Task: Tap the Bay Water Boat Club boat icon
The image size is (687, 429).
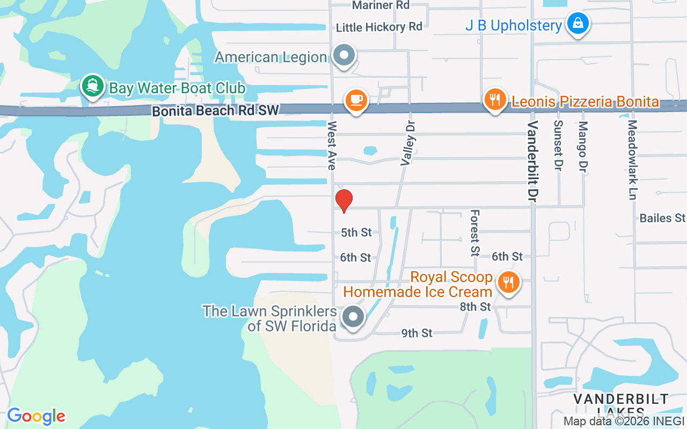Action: (x=93, y=86)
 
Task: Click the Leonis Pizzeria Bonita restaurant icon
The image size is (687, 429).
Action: (x=495, y=100)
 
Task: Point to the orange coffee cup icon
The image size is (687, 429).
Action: (x=355, y=100)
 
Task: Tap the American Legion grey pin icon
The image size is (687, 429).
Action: (x=343, y=56)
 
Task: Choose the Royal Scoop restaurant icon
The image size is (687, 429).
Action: (x=508, y=282)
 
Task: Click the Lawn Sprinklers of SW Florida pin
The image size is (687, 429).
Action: (x=353, y=317)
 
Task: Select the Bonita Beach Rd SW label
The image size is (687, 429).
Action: (x=215, y=111)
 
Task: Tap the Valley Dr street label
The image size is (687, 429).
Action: (x=408, y=142)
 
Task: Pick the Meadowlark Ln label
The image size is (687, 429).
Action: (x=632, y=159)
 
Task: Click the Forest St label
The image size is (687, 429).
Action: (x=474, y=233)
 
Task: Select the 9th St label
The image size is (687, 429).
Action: (x=417, y=333)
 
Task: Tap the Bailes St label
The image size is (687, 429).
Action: (x=662, y=218)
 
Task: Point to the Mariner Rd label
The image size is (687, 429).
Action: (x=381, y=5)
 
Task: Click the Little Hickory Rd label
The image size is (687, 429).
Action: (x=379, y=27)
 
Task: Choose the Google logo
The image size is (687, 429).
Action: (x=36, y=416)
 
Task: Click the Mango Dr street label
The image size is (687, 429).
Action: (x=583, y=146)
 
